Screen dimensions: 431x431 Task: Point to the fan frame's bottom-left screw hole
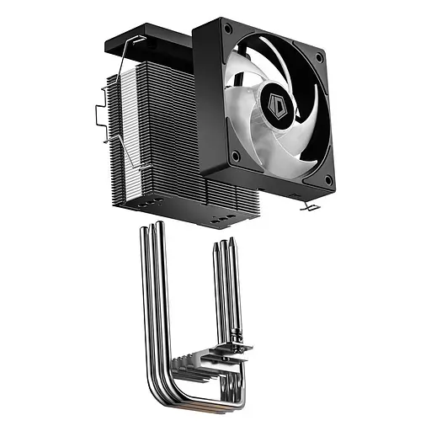[x=235, y=157]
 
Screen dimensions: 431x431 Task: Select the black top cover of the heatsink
[x=156, y=40]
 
